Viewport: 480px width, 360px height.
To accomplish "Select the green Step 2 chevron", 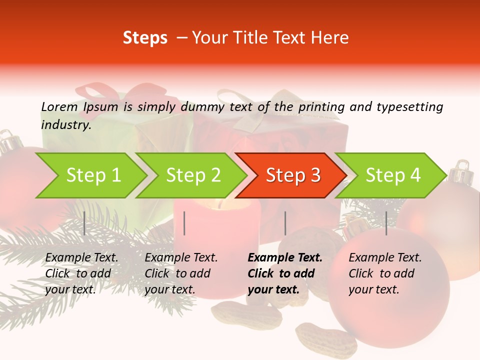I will coord(193,175).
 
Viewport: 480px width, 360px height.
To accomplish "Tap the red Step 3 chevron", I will coord(293,175).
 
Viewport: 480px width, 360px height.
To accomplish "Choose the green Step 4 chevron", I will coord(393,175).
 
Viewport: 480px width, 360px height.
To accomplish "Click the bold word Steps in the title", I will coord(145,38).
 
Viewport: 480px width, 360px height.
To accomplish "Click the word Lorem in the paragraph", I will coord(59,106).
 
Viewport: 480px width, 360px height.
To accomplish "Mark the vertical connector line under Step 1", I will coord(84,223).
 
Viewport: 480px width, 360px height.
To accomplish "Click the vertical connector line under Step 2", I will coord(184,223).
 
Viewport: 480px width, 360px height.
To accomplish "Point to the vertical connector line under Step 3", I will coord(285,223).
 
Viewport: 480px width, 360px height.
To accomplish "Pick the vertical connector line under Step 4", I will coord(386,223).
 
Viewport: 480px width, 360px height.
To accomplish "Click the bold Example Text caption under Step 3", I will coord(285,273).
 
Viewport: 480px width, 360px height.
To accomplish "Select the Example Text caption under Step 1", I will coord(81,273).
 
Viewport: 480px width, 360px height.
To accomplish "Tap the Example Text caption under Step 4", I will coord(385,273).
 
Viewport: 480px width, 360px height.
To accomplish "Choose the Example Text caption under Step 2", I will coord(181,273).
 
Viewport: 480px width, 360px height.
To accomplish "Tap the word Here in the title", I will coord(332,38).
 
